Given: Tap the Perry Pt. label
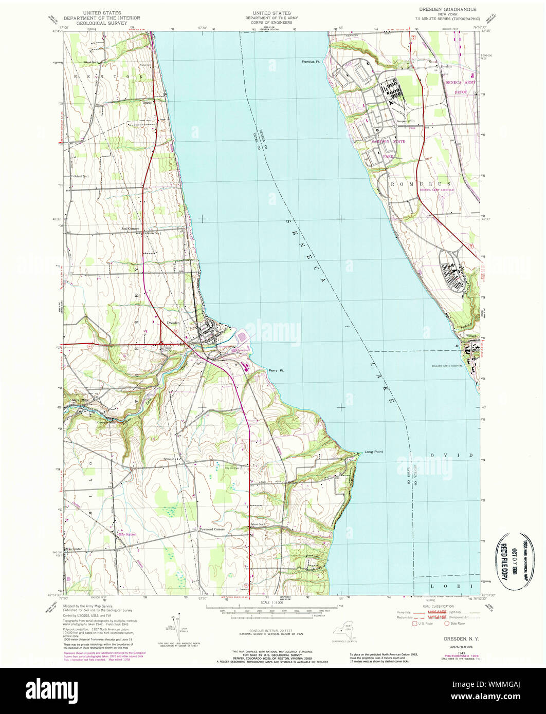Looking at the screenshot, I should click(276, 370).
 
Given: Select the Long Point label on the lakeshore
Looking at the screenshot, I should click(374, 452).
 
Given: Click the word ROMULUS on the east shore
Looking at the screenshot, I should click(420, 184).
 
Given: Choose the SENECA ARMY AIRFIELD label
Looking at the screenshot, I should click(437, 190).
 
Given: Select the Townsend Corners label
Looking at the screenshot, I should click(212, 529).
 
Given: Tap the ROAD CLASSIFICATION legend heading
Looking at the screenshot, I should click(439, 607).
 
